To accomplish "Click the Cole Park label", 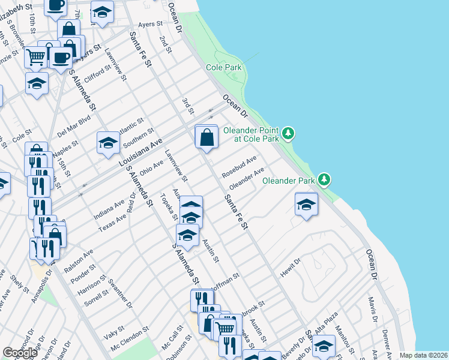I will pyautogui.click(x=224, y=68).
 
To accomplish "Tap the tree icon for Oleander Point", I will pyautogui.click(x=289, y=133).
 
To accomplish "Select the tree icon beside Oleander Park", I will pyautogui.click(x=325, y=179).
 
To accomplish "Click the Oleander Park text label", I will pyautogui.click(x=289, y=180).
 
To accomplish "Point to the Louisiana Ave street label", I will pyautogui.click(x=140, y=153).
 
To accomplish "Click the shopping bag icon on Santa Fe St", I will pyautogui.click(x=206, y=137).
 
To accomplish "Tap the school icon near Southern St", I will pyautogui.click(x=108, y=143).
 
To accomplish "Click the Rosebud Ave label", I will pyautogui.click(x=239, y=167).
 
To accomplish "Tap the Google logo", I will pyautogui.click(x=20, y=353).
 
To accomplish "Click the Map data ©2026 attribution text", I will pyautogui.click(x=423, y=355).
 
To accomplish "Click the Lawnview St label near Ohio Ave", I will pyautogui.click(x=176, y=166).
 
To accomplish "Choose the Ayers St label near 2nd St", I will pyautogui.click(x=151, y=24).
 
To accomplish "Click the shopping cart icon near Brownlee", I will pyautogui.click(x=36, y=56).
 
